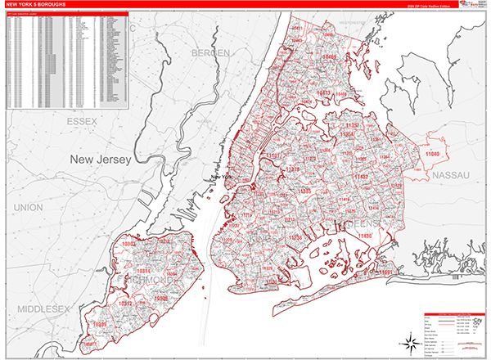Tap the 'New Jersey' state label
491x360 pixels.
click(x=100, y=160)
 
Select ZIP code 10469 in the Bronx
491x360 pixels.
click(x=329, y=57)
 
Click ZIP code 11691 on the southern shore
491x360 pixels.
click(x=386, y=272)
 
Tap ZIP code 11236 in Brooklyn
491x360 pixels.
click(x=296, y=237)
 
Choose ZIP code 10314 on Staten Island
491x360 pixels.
click(x=144, y=270)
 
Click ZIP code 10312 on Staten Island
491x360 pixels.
click(x=127, y=303)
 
